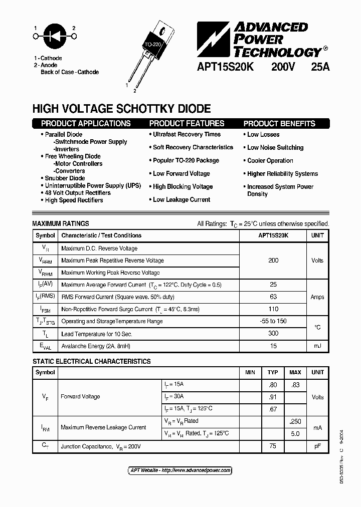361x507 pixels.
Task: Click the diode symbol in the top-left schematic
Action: point(55,36)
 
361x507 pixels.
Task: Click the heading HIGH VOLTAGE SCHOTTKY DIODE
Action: point(121,109)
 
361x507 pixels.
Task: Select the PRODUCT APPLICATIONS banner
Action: point(86,124)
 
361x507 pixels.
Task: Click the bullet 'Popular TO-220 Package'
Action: point(186,160)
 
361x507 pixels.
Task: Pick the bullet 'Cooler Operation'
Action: point(270,161)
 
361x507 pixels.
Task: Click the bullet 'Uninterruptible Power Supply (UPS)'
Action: point(93,185)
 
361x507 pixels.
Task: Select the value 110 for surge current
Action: point(273,309)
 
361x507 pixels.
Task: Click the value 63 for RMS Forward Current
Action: point(273,297)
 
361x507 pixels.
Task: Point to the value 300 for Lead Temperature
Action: point(273,334)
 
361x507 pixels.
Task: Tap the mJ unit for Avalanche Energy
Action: point(317,346)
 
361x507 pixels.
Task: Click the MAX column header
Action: point(295,372)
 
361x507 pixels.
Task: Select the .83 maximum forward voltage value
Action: point(295,385)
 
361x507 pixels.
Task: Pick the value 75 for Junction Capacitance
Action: point(273,446)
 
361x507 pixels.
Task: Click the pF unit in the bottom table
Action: point(317,446)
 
